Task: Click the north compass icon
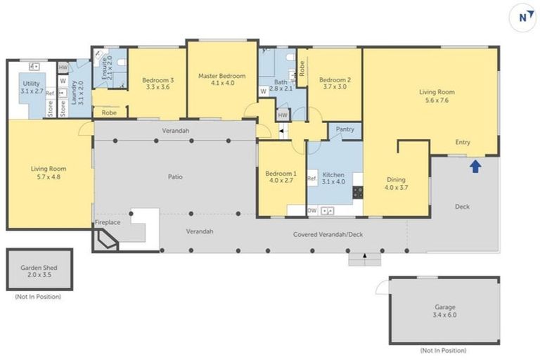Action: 522,18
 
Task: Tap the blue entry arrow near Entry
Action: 475,167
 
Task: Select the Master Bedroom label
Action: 221,79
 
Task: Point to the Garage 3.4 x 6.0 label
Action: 444,311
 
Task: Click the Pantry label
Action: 345,129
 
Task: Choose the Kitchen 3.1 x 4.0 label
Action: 333,178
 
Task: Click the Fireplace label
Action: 108,223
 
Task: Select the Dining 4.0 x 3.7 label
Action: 396,184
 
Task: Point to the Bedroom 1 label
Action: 281,178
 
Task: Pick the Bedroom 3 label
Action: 157,84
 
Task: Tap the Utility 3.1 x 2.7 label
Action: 32,87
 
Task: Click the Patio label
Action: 175,176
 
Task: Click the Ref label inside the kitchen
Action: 311,179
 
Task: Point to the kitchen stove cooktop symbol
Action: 357,191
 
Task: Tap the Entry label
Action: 462,142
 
